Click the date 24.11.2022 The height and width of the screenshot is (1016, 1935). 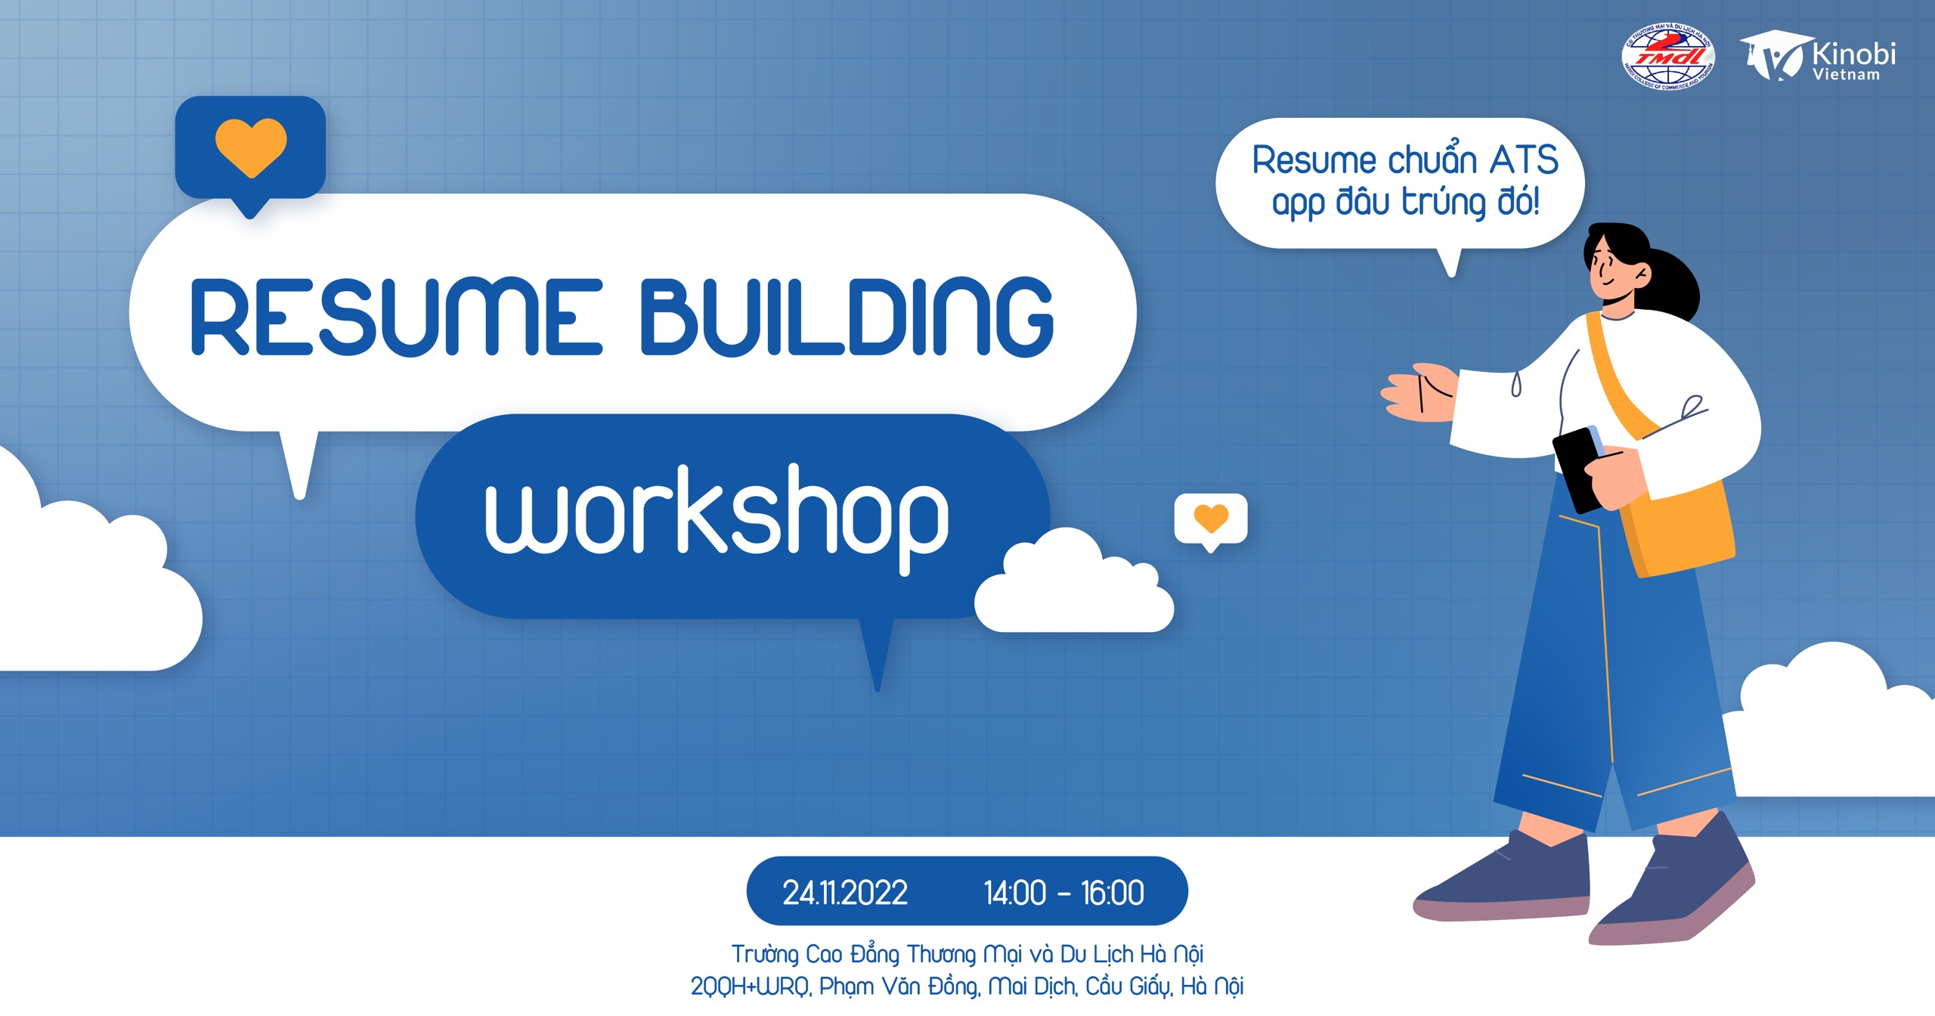pyautogui.click(x=844, y=893)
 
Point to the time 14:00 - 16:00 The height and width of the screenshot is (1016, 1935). pyautogui.click(x=1063, y=893)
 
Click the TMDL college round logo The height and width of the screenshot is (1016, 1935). pyautogui.click(x=1668, y=57)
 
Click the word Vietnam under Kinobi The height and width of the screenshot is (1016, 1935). pyautogui.click(x=1846, y=75)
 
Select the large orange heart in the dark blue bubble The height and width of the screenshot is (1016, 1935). pyautogui.click(x=251, y=146)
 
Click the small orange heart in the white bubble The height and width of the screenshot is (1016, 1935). pyautogui.click(x=1211, y=518)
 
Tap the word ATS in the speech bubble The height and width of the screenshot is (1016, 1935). pyautogui.click(x=1524, y=160)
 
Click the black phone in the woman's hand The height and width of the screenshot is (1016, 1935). pyautogui.click(x=1577, y=469)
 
